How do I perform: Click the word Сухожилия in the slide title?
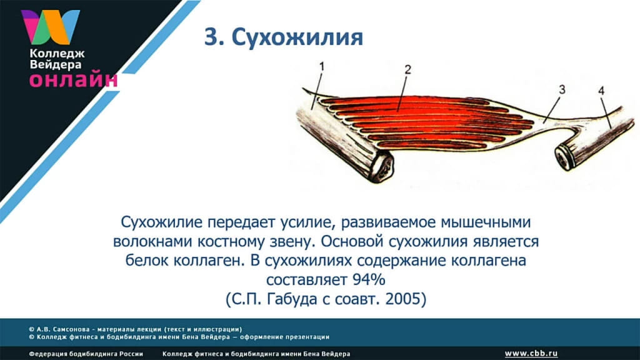tap(297, 37)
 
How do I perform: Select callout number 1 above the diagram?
tap(322, 66)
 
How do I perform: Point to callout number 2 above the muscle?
tap(407, 69)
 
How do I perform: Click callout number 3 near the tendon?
tap(562, 89)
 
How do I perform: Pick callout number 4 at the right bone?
tap(601, 91)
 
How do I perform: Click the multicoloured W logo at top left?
tap(51, 27)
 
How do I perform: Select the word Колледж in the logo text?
tap(57, 54)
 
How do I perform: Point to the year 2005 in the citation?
tap(403, 299)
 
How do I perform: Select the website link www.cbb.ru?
tap(531, 354)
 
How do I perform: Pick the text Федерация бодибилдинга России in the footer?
tap(86, 354)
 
